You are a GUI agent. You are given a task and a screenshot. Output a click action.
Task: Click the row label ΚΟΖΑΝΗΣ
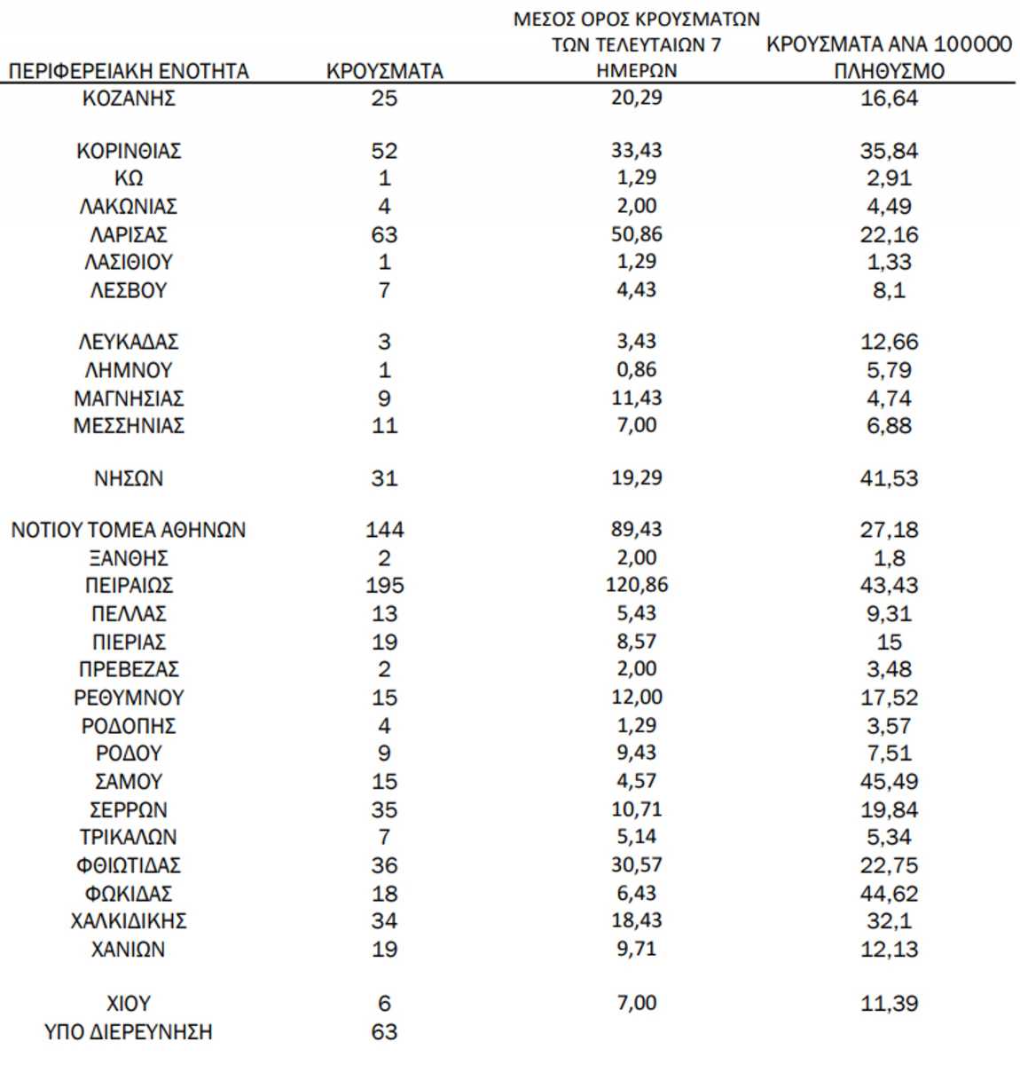pyautogui.click(x=129, y=98)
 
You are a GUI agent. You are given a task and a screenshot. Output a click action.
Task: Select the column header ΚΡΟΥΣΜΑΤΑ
pyautogui.click(x=384, y=71)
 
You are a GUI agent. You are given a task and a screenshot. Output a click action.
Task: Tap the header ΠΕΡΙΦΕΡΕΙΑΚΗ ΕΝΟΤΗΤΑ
pyautogui.click(x=129, y=71)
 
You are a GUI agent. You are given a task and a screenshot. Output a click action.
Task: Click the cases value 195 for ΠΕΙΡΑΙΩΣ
pyautogui.click(x=384, y=586)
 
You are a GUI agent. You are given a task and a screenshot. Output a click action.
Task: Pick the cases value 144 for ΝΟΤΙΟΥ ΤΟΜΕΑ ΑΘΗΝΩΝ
pyautogui.click(x=384, y=530)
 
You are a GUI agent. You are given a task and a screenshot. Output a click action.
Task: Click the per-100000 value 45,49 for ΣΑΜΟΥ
pyautogui.click(x=889, y=782)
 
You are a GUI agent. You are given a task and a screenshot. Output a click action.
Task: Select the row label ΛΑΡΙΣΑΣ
pyautogui.click(x=129, y=234)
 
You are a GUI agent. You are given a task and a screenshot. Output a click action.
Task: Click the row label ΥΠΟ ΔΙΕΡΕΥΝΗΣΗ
pyautogui.click(x=129, y=1032)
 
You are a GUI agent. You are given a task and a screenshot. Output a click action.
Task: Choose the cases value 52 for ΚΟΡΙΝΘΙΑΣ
pyautogui.click(x=384, y=151)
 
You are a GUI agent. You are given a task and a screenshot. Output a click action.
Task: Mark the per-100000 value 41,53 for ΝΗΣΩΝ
pyautogui.click(x=889, y=478)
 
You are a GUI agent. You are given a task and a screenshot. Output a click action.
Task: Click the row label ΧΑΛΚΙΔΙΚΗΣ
pyautogui.click(x=129, y=921)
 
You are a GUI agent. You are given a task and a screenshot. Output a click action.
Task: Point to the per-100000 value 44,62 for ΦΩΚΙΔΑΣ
pyautogui.click(x=889, y=894)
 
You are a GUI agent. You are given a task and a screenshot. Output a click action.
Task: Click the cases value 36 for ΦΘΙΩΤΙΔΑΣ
pyautogui.click(x=384, y=865)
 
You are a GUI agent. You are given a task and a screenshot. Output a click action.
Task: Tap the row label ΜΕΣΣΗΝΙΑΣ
pyautogui.click(x=129, y=426)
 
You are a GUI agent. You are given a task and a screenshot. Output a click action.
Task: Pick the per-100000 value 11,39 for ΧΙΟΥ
pyautogui.click(x=889, y=1004)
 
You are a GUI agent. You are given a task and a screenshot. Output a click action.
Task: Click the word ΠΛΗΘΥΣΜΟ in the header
pyautogui.click(x=889, y=71)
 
